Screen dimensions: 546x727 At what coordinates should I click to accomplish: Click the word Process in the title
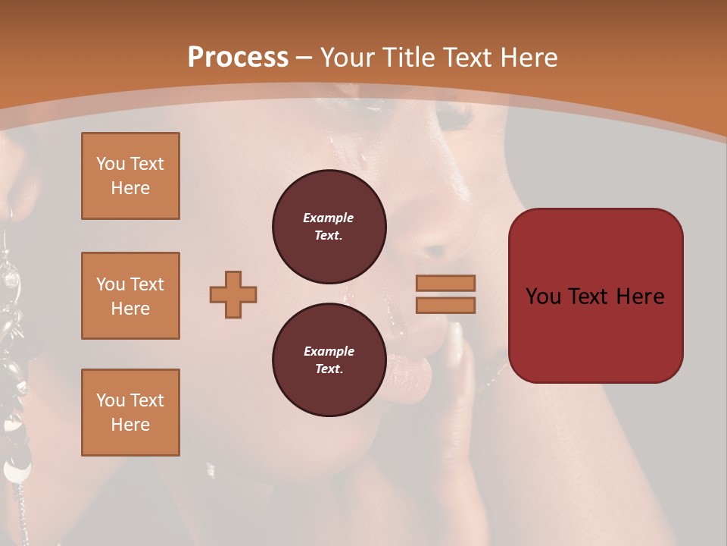click(238, 58)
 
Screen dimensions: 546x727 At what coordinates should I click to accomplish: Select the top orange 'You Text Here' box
click(130, 176)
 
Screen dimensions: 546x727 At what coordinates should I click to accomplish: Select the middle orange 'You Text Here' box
click(130, 296)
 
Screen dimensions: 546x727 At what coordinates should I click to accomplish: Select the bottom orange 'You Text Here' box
click(130, 413)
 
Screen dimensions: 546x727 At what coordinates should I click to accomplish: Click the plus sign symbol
click(233, 294)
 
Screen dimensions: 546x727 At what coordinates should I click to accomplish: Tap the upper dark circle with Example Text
click(329, 227)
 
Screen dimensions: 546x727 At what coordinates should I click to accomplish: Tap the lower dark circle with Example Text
click(329, 360)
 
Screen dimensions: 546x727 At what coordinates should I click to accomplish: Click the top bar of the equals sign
click(445, 284)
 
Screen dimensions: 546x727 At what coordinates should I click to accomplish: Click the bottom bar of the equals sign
click(445, 305)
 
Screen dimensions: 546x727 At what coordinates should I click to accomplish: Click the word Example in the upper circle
click(329, 218)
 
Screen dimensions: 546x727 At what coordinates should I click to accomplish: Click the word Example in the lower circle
click(329, 351)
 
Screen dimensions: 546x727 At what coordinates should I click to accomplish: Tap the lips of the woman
click(410, 372)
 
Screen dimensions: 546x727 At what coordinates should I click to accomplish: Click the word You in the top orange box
click(110, 164)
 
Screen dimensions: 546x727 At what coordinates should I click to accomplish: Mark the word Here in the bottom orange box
click(130, 425)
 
